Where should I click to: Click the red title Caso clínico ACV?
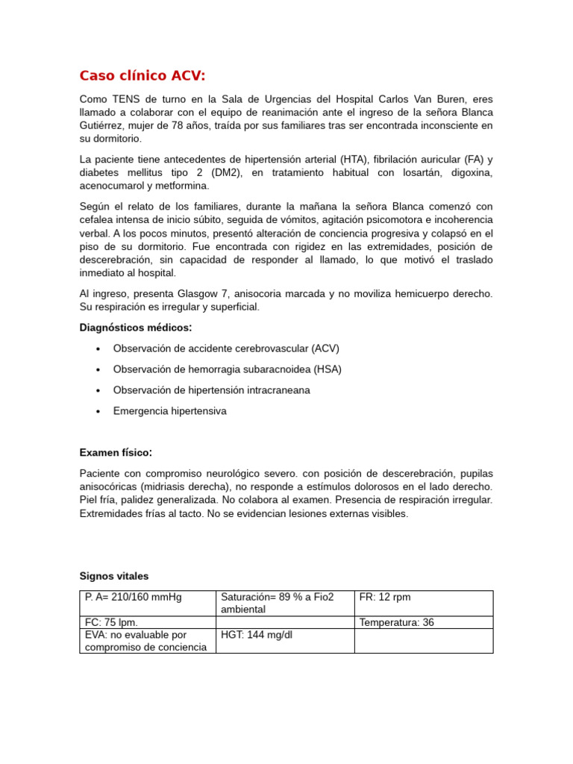[142, 75]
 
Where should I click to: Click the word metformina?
[179, 186]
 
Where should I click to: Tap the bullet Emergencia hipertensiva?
[169, 411]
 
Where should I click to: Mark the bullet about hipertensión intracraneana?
[211, 390]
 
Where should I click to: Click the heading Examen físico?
[116, 453]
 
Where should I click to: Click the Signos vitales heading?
[114, 576]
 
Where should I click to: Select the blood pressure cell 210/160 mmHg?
[134, 597]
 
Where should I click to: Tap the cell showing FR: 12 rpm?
[385, 597]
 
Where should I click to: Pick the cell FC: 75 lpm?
[111, 622]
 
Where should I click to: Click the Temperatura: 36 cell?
[396, 622]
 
